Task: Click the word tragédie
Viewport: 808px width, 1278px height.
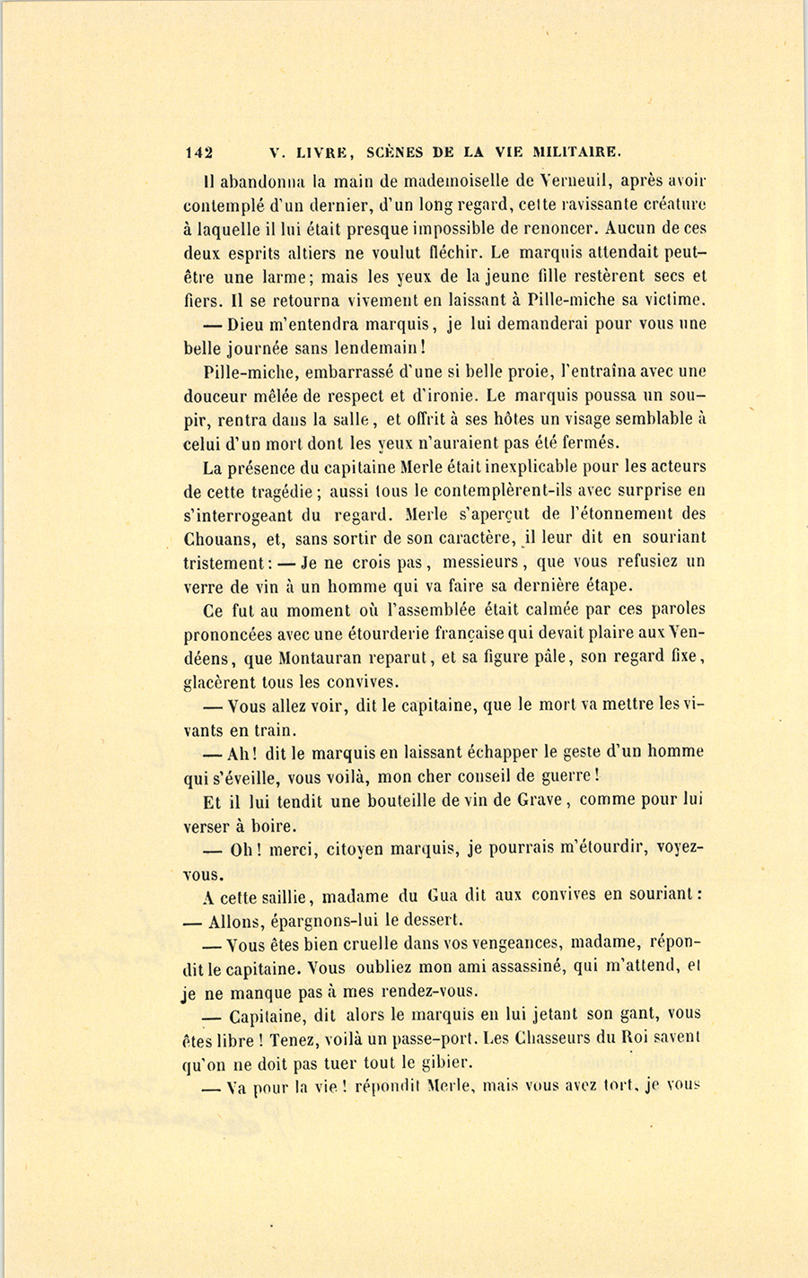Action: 283,491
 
